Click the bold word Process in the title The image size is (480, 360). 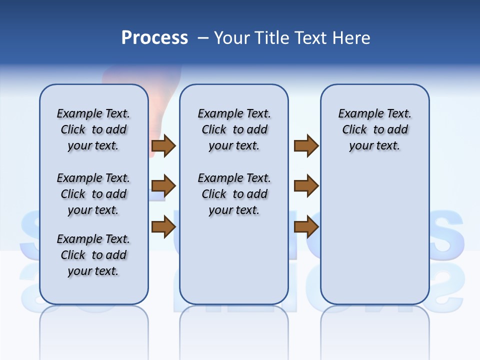[154, 38]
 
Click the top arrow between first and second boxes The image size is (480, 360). [163, 145]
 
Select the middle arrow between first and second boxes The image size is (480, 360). [163, 186]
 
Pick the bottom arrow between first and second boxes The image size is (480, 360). [163, 227]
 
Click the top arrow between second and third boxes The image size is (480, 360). [306, 145]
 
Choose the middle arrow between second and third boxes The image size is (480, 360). [306, 186]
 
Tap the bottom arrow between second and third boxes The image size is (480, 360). [306, 227]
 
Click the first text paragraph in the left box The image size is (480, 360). [93, 129]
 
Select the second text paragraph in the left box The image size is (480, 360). [93, 194]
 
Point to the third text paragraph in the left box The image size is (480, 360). [93, 255]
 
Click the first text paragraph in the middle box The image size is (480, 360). [234, 129]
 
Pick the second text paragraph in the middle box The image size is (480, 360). [234, 194]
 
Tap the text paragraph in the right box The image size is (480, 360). [374, 129]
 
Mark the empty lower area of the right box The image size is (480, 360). [374, 230]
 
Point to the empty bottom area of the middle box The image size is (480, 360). [234, 265]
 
